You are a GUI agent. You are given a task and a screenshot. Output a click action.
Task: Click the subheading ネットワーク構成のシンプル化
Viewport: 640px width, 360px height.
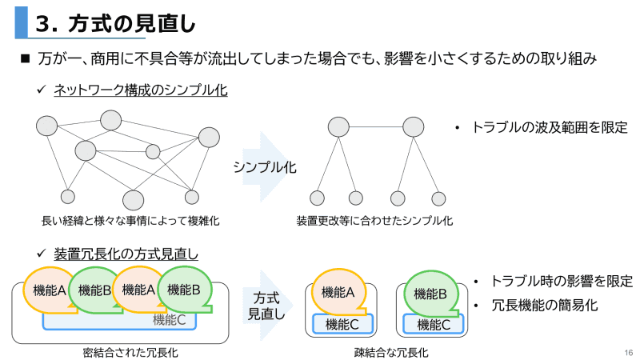141,90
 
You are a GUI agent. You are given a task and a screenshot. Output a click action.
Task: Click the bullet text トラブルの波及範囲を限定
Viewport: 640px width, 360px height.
549,126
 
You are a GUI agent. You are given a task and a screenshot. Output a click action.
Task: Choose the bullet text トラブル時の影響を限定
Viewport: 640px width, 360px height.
561,282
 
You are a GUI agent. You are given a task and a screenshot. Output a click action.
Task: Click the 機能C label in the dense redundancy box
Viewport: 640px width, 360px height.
169,320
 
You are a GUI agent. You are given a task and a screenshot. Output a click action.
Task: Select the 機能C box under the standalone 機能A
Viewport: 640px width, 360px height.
342,324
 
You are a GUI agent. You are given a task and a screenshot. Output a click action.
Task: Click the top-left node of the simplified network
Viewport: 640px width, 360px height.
338,126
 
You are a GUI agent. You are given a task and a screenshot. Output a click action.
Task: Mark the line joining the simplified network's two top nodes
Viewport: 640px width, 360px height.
376,126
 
